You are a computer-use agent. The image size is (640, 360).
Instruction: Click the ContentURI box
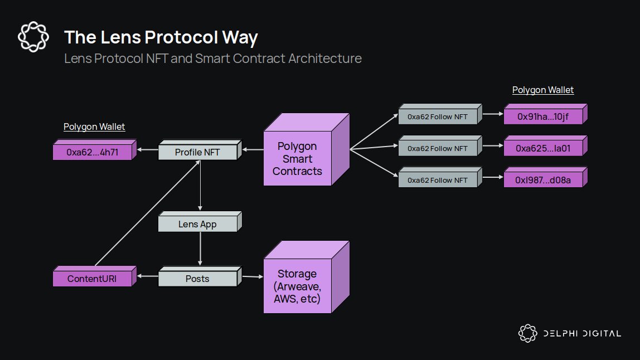pyautogui.click(x=92, y=278)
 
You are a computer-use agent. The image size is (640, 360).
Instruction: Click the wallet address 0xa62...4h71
pyautogui.click(x=92, y=152)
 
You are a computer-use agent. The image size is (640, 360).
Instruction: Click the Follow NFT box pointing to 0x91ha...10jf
pyautogui.click(x=437, y=117)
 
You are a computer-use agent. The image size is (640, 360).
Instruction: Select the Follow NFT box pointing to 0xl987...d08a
pyautogui.click(x=437, y=180)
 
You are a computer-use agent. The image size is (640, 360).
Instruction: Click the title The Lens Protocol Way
pyautogui.click(x=161, y=37)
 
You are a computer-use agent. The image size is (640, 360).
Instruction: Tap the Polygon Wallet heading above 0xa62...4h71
pyautogui.click(x=94, y=127)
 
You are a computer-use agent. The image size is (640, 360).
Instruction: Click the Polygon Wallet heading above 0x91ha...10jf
pyautogui.click(x=543, y=90)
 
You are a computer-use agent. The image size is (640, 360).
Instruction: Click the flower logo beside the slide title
pyautogui.click(x=31, y=37)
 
